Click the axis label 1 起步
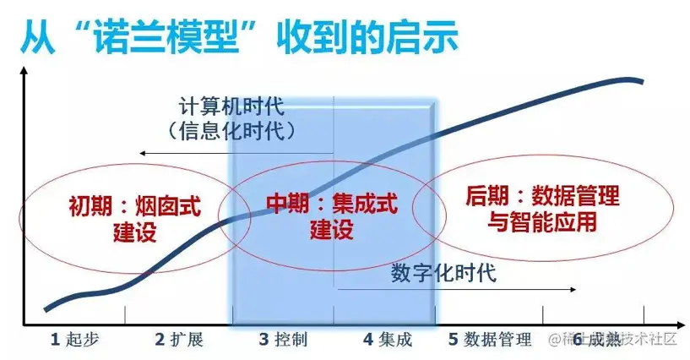[x=75, y=340]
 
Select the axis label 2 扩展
[x=179, y=340]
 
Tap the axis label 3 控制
[x=283, y=340]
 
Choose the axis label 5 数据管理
[x=490, y=340]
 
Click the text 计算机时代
[x=231, y=108]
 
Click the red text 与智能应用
[x=541, y=223]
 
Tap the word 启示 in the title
[x=426, y=35]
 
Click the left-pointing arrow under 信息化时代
[x=236, y=153]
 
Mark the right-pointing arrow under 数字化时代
[x=456, y=291]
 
